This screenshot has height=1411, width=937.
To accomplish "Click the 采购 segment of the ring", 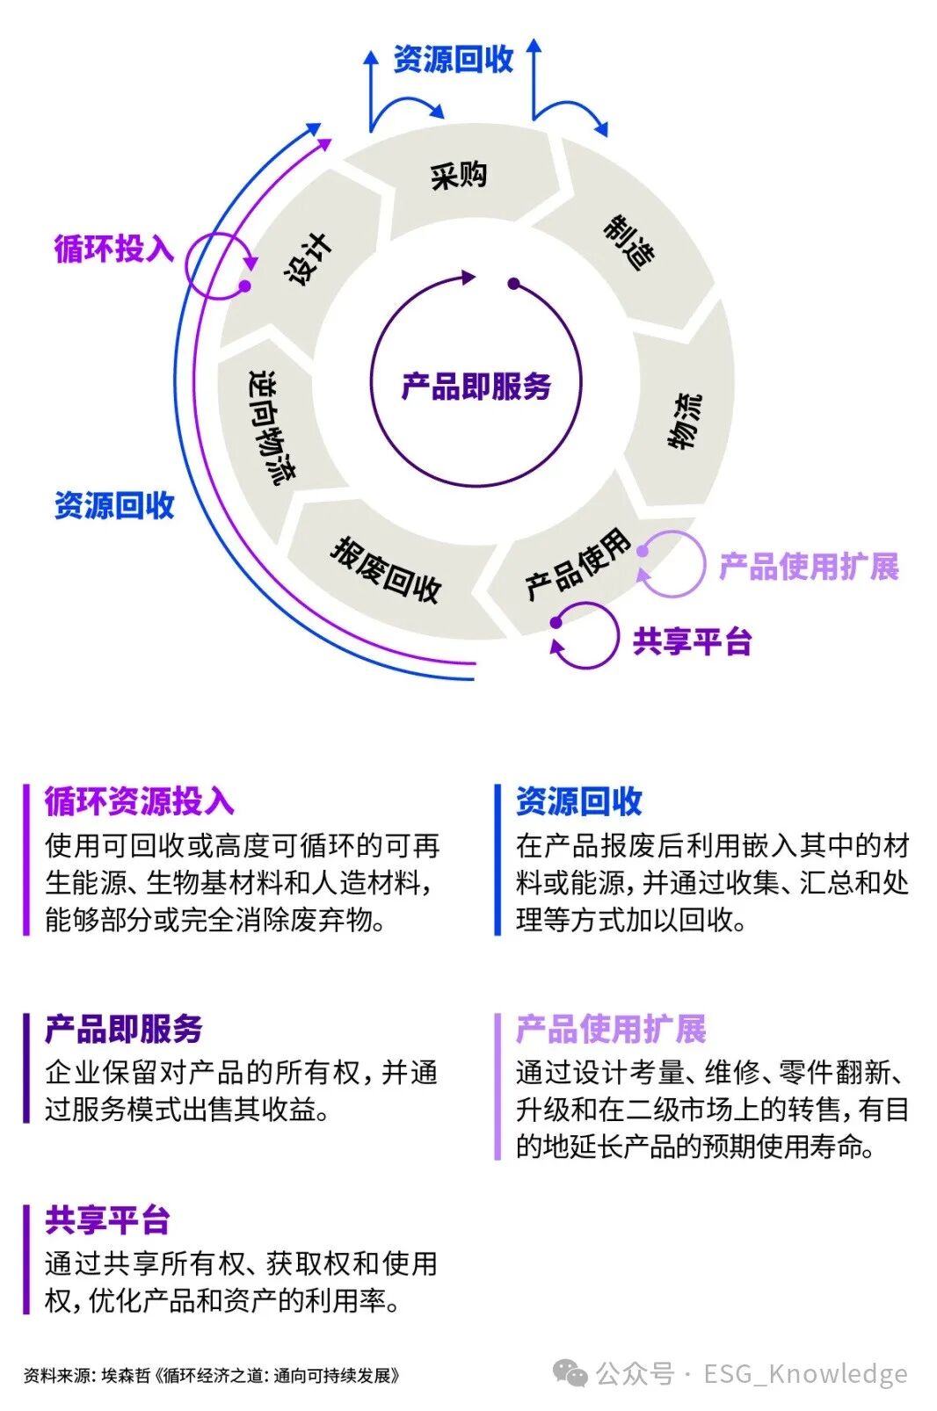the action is pos(458,176).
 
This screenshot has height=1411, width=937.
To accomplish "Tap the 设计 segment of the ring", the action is pos(309,258).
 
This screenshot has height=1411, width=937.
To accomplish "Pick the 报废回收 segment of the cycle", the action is pos(386,569).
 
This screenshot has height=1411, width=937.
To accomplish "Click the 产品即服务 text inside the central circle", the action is pos(476,387).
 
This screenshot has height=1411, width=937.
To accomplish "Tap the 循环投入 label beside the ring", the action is pos(114,249).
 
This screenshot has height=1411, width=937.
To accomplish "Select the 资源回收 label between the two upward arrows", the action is pos(453,60).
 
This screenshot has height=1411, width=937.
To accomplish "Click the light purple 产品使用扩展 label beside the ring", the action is pos(809,567).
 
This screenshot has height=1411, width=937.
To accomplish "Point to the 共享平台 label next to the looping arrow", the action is pos(692,642).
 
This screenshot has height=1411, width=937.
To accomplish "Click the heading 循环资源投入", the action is pos(140,801).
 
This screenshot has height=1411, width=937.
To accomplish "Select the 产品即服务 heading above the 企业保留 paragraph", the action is pos(124,1029).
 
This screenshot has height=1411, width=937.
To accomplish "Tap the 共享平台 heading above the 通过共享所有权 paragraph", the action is pos(107,1220).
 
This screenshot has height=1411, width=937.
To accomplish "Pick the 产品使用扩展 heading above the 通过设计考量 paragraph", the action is pos(611,1029).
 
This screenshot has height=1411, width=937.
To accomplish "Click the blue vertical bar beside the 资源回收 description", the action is pos(498,860).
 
